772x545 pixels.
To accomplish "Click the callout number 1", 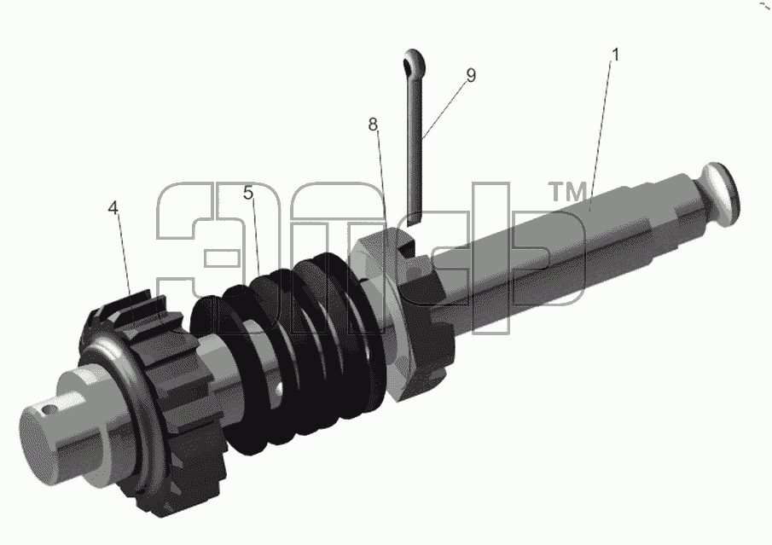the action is [614, 55].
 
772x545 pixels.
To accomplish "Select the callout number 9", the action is [471, 75].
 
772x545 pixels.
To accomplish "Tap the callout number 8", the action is [373, 125].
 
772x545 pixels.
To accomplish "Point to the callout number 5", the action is [247, 193].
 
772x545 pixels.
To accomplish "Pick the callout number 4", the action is [113, 208].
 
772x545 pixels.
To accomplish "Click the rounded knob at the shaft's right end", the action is [719, 194].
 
